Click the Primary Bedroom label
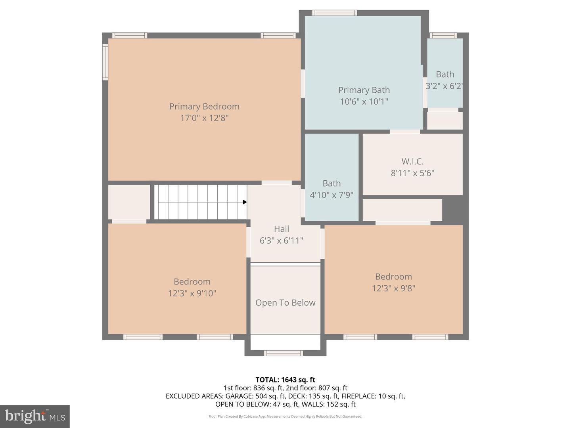coord(204,107)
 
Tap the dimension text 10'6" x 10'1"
coord(364,101)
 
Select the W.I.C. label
coord(412,161)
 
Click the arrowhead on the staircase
coord(245,202)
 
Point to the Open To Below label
coord(285,303)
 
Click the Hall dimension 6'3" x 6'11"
coord(282,241)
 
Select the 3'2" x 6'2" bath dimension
coord(444,86)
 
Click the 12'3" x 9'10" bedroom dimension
coord(192,293)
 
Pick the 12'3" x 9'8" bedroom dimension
coord(393,288)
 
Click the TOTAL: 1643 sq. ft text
coord(285,380)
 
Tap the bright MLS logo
coord(35,416)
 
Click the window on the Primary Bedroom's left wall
coord(105,62)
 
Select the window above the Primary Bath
coord(334,13)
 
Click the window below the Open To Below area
coord(284,353)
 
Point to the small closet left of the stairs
coord(129,202)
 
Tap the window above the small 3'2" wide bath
coord(443,35)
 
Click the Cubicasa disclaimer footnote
coord(285,417)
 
